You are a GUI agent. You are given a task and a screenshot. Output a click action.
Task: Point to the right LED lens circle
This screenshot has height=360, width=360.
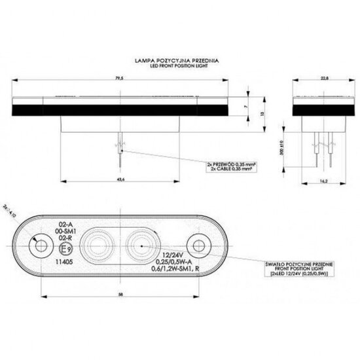(139, 247)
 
